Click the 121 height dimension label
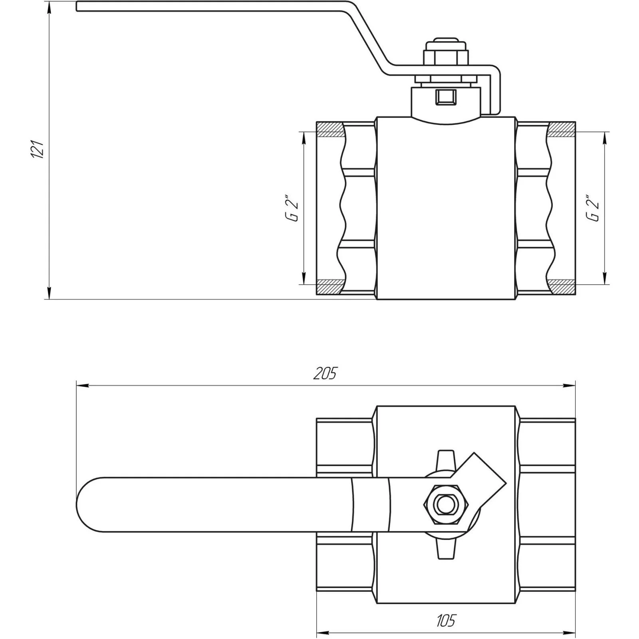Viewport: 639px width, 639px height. (x=38, y=150)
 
